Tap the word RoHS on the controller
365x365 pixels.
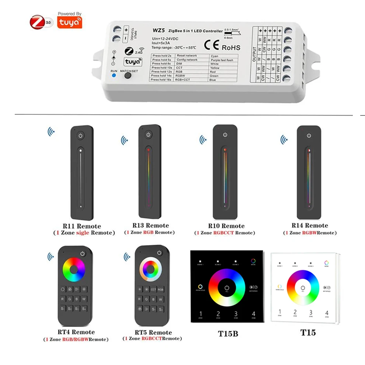231,48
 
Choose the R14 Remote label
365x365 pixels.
310,226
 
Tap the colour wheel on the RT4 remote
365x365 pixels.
74,270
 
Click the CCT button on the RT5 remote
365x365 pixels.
153,290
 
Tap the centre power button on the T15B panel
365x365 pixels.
227,288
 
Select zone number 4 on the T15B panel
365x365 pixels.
253,314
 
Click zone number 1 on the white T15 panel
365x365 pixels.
279,312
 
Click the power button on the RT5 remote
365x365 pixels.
159,253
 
